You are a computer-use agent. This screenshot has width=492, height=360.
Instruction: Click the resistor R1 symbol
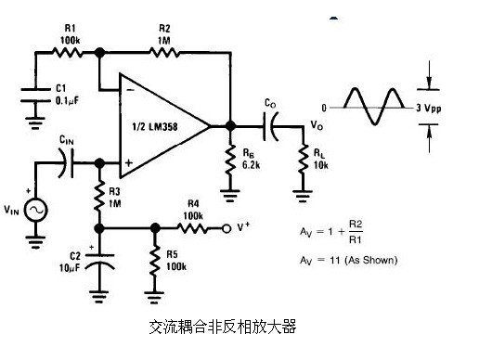[71, 52]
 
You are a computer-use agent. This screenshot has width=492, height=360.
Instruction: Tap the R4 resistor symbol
[190, 226]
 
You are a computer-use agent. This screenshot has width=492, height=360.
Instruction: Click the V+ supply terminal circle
[226, 226]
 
